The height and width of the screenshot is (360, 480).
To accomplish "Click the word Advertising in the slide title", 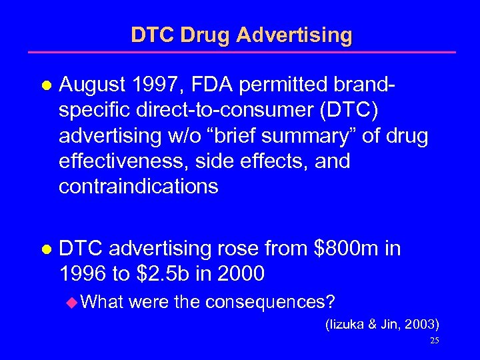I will pyautogui.click(x=295, y=35).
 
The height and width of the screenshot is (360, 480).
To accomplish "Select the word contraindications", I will pyautogui.click(x=138, y=186).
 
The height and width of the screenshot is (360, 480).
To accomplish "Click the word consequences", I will pyautogui.click(x=270, y=302).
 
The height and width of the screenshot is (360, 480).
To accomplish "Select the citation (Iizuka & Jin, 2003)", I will pyautogui.click(x=381, y=325).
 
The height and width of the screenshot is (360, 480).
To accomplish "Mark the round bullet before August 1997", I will pyautogui.click(x=45, y=85).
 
